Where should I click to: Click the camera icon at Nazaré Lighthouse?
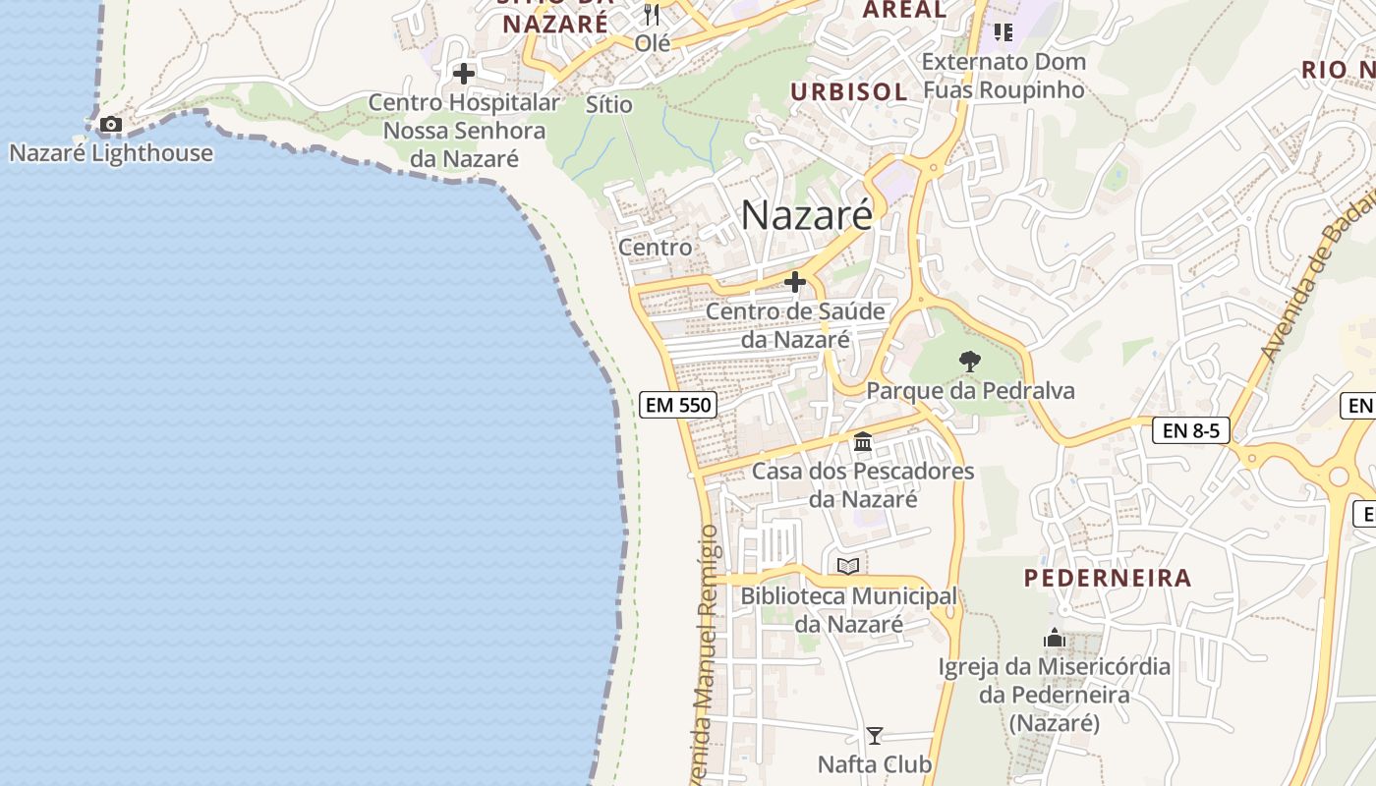(110, 124)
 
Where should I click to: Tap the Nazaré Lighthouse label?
(111, 153)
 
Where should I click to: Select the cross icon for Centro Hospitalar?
(464, 73)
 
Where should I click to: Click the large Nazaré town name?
(806, 214)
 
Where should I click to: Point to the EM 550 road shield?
(678, 404)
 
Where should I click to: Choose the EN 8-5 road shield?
(1190, 429)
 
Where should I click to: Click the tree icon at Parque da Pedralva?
(970, 361)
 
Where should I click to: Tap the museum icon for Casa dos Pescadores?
(863, 442)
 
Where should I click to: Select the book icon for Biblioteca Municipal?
(848, 566)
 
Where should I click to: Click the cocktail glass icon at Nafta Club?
(874, 735)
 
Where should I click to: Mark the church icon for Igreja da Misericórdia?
(1055, 639)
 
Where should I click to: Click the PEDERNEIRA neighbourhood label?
(1108, 578)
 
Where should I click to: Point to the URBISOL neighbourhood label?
(849, 91)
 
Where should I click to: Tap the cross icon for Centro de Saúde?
(795, 283)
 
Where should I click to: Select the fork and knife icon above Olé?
(652, 15)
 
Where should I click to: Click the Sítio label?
(608, 104)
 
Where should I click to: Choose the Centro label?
(655, 248)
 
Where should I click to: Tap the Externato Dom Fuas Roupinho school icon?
(1003, 32)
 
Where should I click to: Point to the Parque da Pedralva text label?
(970, 391)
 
